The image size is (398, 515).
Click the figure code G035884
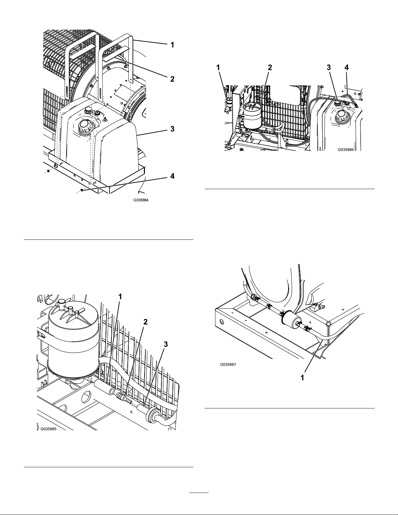pyautogui.click(x=141, y=200)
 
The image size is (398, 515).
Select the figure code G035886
pyautogui.click(x=346, y=149)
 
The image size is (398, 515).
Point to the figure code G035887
pyautogui.click(x=228, y=365)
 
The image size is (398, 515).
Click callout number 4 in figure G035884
pyautogui.click(x=172, y=176)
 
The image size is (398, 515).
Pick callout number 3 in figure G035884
pyautogui.click(x=172, y=129)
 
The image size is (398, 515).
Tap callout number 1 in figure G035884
pyautogui.click(x=172, y=45)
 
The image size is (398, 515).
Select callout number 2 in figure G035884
pyautogui.click(x=172, y=79)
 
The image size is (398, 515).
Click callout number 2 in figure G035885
pyautogui.click(x=146, y=322)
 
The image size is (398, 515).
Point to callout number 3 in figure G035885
pyautogui.click(x=166, y=344)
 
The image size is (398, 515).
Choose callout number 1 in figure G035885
pyautogui.click(x=120, y=296)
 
